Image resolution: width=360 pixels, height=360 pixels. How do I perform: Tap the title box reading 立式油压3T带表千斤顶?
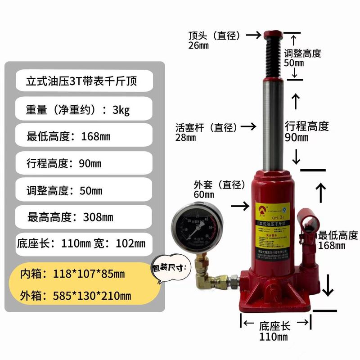click(x=84, y=82)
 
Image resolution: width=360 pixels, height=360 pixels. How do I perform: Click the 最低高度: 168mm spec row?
click(x=84, y=136)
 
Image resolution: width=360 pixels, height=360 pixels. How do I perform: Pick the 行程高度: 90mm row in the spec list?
click(x=84, y=163)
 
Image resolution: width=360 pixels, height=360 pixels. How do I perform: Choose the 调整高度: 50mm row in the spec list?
click(x=84, y=190)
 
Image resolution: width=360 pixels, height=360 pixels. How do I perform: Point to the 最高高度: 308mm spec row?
click(x=84, y=217)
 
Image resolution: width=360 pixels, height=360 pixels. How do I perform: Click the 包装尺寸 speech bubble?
click(x=171, y=269)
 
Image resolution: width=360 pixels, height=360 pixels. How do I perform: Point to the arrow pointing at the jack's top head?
click(x=255, y=35)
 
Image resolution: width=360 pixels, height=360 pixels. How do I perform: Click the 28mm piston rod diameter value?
click(x=186, y=138)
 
